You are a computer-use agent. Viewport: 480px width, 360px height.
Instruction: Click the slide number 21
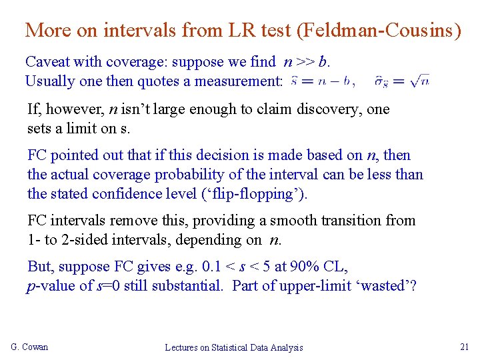[465, 346]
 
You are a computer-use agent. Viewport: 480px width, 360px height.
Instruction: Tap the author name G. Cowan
[30, 347]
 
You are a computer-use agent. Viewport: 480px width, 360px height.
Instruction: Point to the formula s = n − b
[320, 81]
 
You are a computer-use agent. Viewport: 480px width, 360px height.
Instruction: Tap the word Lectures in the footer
[184, 347]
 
